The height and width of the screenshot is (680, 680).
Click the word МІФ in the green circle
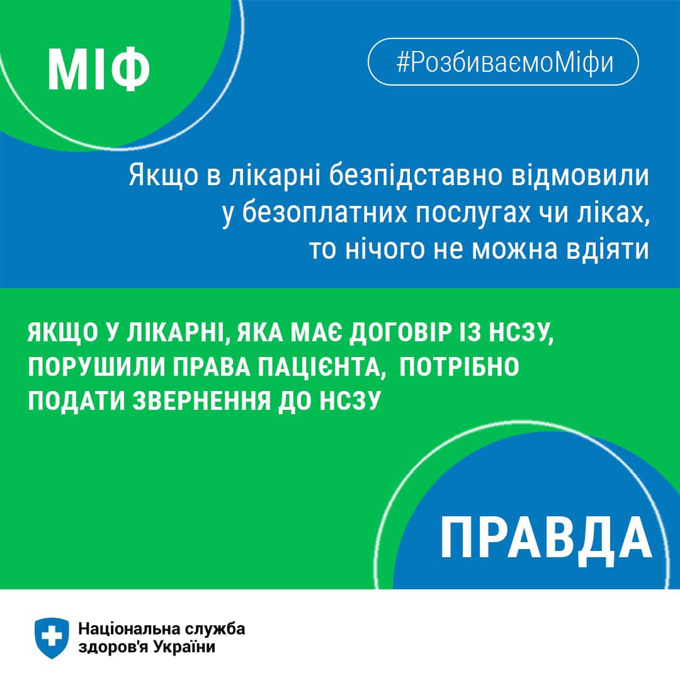(x=98, y=69)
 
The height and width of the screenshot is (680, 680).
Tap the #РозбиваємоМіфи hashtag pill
(x=503, y=62)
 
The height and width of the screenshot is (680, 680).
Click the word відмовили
(x=581, y=176)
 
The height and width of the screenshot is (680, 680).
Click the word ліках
(x=615, y=213)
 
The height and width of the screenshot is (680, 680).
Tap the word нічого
(x=384, y=250)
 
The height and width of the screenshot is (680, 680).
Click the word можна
(x=514, y=250)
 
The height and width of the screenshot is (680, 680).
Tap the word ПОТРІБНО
(x=459, y=367)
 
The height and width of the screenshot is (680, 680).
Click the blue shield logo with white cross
(x=52, y=638)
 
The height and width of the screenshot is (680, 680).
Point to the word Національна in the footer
(x=128, y=629)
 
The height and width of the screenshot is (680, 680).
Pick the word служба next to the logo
(x=214, y=630)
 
